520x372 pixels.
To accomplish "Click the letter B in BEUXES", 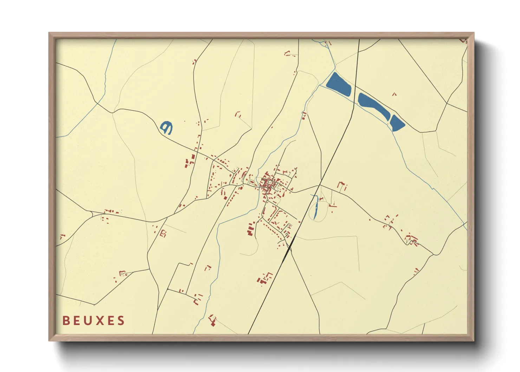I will [66, 321].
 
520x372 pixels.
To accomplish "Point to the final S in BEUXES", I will [121, 321].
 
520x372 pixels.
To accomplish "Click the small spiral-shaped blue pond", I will [166, 127].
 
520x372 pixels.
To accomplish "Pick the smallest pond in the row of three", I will [397, 123].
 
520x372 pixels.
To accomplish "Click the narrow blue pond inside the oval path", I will [316, 207].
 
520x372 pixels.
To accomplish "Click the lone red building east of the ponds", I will [394, 94].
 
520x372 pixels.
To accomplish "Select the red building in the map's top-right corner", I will [463, 40].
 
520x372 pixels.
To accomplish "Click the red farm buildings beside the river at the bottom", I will [212, 320].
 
